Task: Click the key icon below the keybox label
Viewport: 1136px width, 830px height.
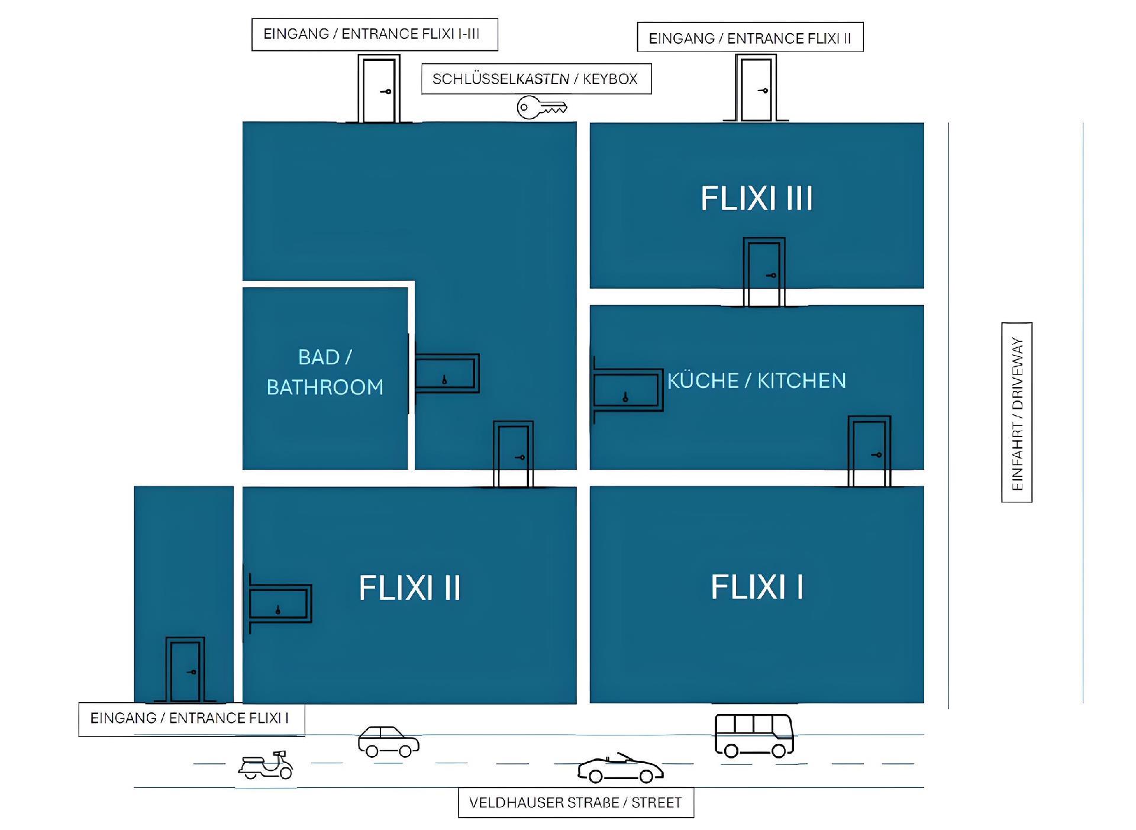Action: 541,108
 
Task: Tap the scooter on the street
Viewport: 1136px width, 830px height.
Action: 266,764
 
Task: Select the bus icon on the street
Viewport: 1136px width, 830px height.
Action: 754,736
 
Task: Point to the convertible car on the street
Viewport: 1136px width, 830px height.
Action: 620,768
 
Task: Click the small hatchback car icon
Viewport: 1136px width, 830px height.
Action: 389,741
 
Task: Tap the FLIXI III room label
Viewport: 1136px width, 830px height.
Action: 757,198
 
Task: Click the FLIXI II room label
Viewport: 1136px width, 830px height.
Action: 409,588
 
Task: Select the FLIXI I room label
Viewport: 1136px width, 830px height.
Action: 757,587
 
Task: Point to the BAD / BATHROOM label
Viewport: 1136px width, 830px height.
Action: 325,372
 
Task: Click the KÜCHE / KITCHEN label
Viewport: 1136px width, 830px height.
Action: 757,380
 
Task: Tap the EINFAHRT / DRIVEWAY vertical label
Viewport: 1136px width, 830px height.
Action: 1017,413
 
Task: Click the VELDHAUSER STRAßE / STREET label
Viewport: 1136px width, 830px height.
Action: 576,803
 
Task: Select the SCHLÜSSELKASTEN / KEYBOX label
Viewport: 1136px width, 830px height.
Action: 536,79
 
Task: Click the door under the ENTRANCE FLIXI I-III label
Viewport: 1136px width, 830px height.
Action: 379,89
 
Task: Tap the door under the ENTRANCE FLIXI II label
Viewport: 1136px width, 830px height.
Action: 756,88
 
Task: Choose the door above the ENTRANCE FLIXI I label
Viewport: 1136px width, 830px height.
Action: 185,670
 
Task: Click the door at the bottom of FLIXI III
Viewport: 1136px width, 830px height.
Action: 764,272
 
